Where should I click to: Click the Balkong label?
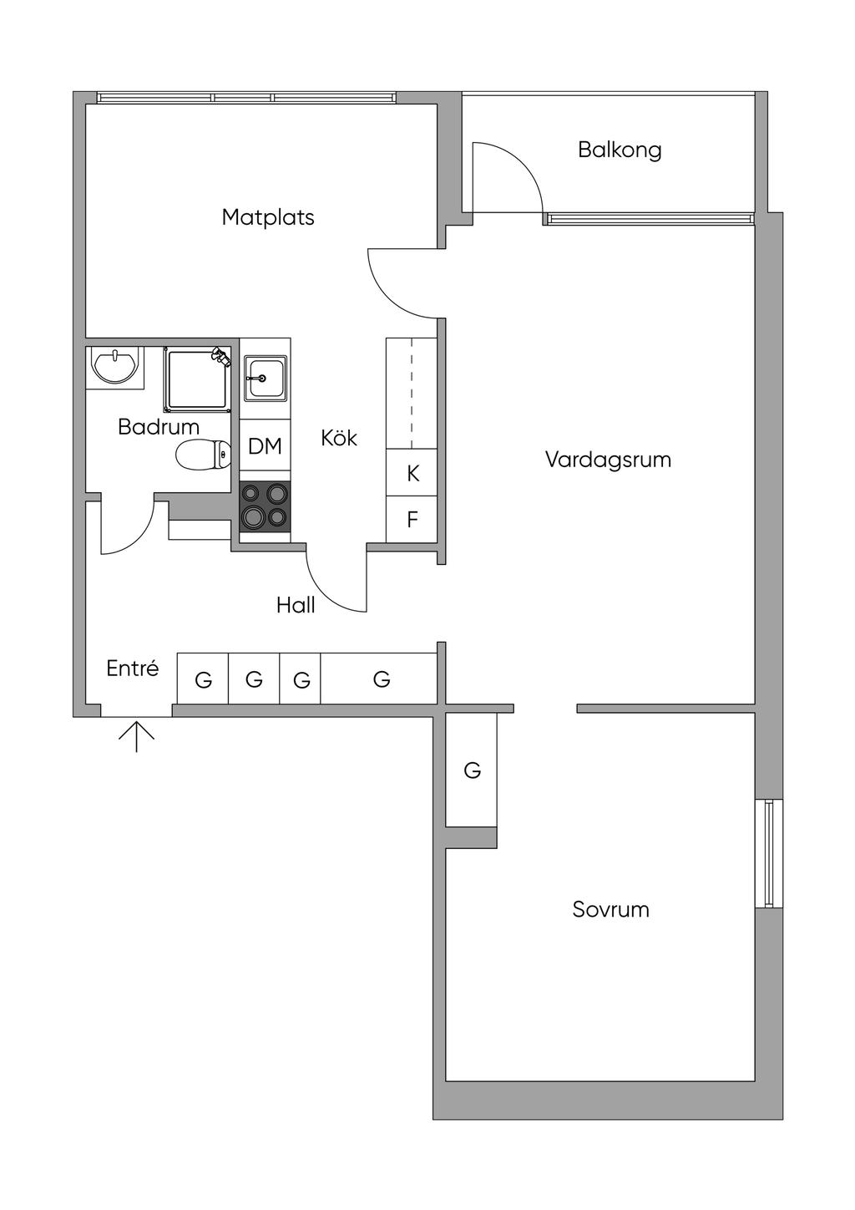(620, 150)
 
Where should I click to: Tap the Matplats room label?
(268, 217)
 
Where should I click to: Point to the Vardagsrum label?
(608, 460)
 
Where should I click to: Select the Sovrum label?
(610, 909)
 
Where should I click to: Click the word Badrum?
(159, 427)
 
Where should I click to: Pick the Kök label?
(339, 438)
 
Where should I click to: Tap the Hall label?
(296, 605)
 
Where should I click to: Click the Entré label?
(133, 669)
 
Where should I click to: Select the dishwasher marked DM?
(265, 446)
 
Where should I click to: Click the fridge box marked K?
(412, 472)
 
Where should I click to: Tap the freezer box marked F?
(412, 519)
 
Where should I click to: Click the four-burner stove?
(265, 506)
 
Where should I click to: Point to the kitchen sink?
(265, 378)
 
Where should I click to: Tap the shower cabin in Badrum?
(198, 379)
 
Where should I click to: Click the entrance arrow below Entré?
(137, 735)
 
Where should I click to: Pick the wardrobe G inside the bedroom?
(471, 770)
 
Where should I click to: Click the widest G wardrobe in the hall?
(379, 679)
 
